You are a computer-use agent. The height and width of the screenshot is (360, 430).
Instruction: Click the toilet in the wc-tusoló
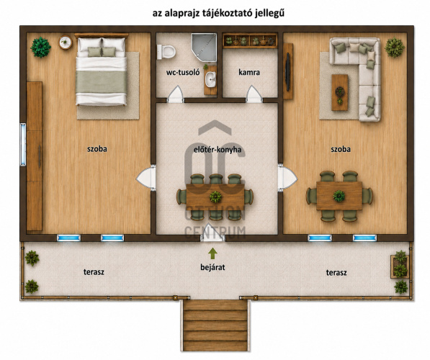[x=166, y=52]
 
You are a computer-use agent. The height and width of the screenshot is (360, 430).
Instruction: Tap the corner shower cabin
[x=204, y=47]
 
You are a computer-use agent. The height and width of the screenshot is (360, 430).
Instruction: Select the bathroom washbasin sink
[x=211, y=79]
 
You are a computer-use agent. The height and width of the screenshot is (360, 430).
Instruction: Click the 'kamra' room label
[x=249, y=73]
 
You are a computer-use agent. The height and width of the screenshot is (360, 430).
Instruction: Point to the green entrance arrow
[x=212, y=253]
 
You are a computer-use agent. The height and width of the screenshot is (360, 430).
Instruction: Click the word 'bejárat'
[x=212, y=267]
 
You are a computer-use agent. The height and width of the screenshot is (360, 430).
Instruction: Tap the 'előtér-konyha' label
[x=218, y=150]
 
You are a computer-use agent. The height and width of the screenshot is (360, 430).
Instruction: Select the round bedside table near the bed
[x=66, y=42]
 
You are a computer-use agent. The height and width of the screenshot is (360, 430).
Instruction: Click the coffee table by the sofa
[x=340, y=92]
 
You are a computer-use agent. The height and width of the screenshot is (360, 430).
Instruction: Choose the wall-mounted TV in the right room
[x=287, y=71]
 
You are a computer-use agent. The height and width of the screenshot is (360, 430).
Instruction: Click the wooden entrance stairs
[x=215, y=325]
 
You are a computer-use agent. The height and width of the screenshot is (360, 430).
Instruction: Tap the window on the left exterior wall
[x=23, y=145]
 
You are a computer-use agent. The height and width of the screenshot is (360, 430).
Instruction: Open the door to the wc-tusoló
[x=175, y=94]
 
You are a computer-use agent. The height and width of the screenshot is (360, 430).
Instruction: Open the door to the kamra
[x=254, y=94]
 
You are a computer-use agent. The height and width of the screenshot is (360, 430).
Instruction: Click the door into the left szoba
[x=146, y=179]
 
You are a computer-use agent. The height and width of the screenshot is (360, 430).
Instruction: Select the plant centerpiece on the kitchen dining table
[x=215, y=197]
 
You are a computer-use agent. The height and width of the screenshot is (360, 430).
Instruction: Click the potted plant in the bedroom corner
[x=40, y=47]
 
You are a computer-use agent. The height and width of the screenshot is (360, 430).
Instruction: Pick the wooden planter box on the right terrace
[x=400, y=266]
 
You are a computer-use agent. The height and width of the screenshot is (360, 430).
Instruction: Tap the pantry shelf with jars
[x=250, y=41]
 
